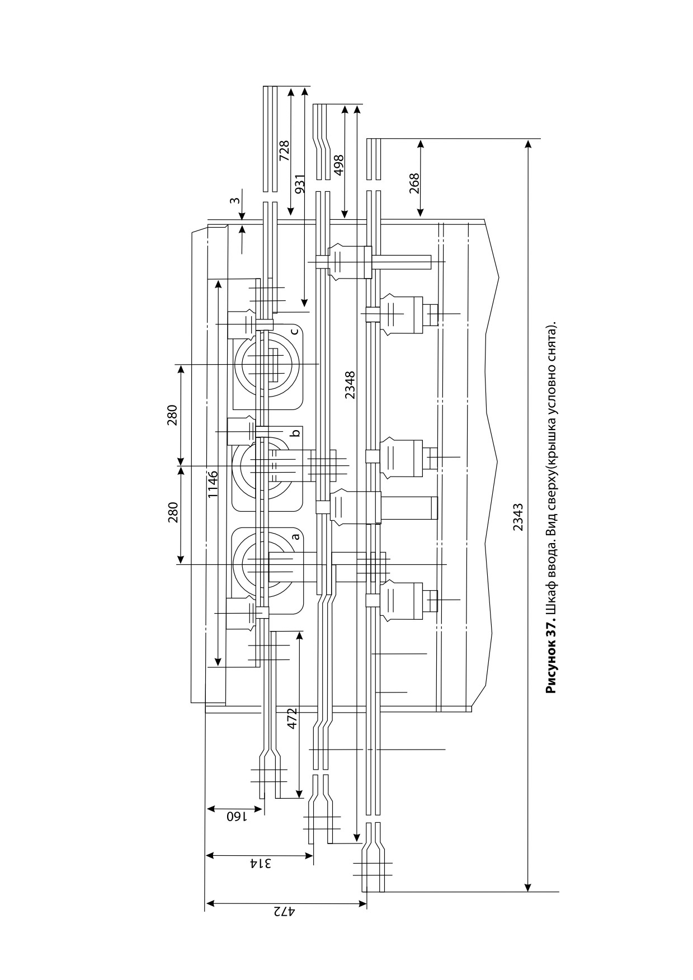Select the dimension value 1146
click(213, 484)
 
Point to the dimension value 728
click(284, 150)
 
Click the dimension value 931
click(300, 185)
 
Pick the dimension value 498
click(338, 165)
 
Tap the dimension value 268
click(414, 183)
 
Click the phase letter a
click(296, 536)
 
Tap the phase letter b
click(296, 432)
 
